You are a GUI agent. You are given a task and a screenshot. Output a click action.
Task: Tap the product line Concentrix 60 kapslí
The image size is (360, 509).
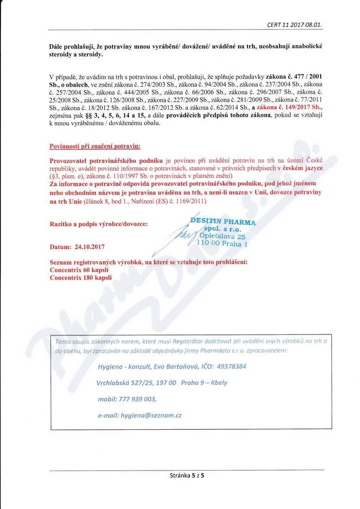point(79,270)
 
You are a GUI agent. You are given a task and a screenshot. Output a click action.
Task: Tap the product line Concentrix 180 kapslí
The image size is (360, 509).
point(81,278)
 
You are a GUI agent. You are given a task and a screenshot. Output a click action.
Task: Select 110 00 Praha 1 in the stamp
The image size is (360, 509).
point(222,244)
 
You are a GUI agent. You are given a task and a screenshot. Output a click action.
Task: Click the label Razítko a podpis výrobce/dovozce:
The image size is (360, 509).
point(99,224)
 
